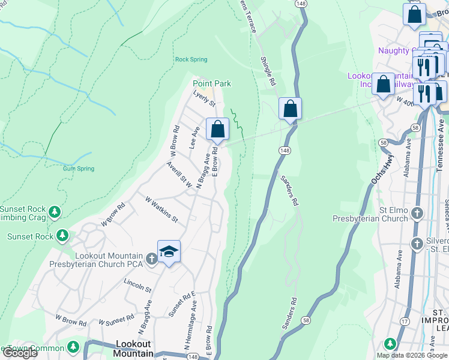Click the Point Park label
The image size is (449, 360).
211,83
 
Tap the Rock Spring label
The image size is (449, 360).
191,59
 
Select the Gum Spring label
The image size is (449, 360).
79,169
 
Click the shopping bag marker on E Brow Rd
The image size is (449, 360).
217,129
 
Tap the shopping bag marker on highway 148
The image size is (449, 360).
290,109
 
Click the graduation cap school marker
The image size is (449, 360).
169,251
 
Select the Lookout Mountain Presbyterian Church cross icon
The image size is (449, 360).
152,259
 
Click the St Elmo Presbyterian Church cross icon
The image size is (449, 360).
417,213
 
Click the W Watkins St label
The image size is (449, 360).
161,208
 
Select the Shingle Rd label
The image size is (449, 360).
268,71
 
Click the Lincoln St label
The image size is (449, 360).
137,284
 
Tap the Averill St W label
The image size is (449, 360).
179,175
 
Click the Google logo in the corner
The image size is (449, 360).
20,353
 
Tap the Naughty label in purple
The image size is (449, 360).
394,51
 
